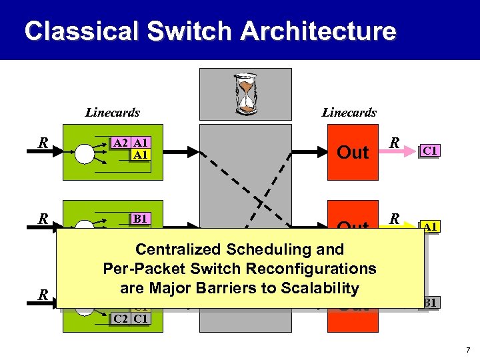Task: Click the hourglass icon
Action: pyautogui.click(x=245, y=93)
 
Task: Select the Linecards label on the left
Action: pyautogui.click(x=112, y=113)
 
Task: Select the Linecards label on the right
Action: pyautogui.click(x=349, y=113)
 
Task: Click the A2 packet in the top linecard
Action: pyautogui.click(x=121, y=143)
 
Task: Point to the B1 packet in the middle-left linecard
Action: pyautogui.click(x=141, y=218)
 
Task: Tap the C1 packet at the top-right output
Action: pyautogui.click(x=430, y=151)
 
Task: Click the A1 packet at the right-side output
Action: pyautogui.click(x=430, y=227)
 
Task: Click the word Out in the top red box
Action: pyautogui.click(x=353, y=153)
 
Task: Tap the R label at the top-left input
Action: pyautogui.click(x=43, y=142)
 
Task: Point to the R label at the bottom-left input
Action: pyautogui.click(x=43, y=294)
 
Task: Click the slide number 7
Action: pyautogui.click(x=469, y=350)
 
